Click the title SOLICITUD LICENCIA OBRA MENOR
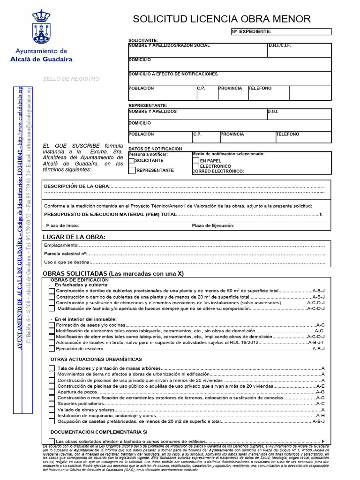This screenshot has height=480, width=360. [x=222, y=19]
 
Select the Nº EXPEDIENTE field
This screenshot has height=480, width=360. [x=281, y=32]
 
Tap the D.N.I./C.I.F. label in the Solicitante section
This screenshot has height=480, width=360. [x=281, y=46]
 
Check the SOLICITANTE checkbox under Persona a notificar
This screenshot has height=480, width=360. [x=132, y=161]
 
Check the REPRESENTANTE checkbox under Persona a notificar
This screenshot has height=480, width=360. [x=132, y=170]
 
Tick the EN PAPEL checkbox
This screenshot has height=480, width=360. [x=195, y=161]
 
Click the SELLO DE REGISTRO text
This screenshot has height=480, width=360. [x=71, y=79]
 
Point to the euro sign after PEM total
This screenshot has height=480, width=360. [x=321, y=214]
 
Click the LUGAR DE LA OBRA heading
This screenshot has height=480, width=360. [x=74, y=237]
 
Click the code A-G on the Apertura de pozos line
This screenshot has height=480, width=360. [x=320, y=392]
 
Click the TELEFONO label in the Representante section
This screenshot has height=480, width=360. [x=287, y=134]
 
